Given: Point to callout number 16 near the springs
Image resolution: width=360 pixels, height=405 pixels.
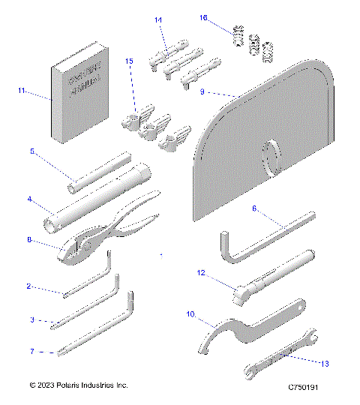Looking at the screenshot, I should (203, 17).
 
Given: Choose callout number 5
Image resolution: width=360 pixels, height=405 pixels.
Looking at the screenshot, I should (32, 151).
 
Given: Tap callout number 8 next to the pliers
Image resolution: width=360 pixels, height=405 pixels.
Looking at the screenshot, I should (29, 240).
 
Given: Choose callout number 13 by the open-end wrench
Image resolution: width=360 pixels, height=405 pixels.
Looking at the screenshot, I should (324, 364).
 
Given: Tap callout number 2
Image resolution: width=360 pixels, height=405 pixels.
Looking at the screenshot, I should (29, 286).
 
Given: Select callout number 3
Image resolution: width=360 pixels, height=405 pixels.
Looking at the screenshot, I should (32, 319).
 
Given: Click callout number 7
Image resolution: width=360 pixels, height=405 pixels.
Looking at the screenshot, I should (32, 350).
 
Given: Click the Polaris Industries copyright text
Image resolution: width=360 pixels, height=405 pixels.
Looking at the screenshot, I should (79, 385).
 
